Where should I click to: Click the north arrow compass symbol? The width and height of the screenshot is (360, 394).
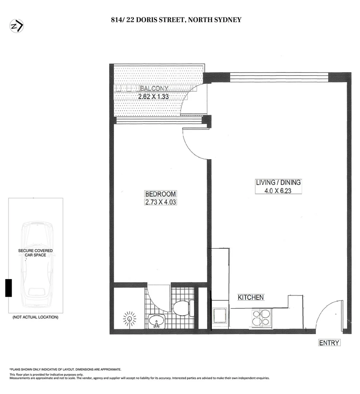16,26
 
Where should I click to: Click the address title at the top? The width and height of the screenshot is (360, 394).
176,20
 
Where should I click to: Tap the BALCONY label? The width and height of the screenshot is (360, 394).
154,89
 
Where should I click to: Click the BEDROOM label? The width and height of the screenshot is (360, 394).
160,194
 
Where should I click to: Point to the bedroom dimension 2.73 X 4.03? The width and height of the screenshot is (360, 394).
160,202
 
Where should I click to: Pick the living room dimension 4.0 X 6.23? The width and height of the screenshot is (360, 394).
278,190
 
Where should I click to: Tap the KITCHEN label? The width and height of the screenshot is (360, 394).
251,297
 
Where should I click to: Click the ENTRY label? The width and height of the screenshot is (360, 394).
329,343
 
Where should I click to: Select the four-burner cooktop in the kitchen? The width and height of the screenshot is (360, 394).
261,317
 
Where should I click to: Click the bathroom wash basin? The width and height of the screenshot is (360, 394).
157,321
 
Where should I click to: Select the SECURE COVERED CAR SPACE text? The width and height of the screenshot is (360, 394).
35,253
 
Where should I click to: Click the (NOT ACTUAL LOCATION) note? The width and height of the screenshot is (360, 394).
35,317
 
